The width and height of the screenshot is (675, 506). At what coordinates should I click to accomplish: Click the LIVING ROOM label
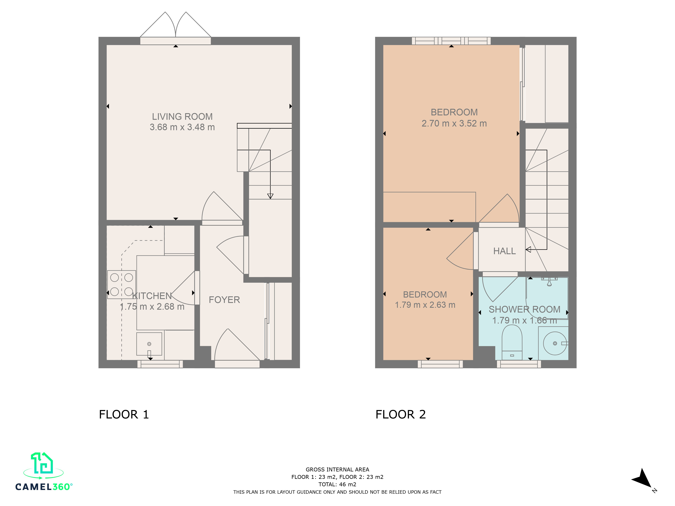[x=182, y=117]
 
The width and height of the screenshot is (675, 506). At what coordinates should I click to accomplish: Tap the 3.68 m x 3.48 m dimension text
[x=182, y=127]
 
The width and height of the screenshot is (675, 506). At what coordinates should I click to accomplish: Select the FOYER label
[x=224, y=300]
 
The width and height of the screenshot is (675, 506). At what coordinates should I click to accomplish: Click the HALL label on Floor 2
[x=504, y=251]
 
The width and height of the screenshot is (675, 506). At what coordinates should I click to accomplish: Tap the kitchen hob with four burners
[x=122, y=284]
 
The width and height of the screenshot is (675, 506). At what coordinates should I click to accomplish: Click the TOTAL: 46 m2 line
[x=337, y=484]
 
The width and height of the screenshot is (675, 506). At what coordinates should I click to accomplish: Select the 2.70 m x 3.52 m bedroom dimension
[x=454, y=123]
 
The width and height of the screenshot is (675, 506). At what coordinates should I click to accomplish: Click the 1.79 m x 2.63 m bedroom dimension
[x=425, y=305]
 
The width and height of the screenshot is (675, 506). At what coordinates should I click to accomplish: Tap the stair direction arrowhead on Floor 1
[x=270, y=196]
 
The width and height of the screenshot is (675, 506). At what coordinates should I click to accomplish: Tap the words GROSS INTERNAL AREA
[x=337, y=470]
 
